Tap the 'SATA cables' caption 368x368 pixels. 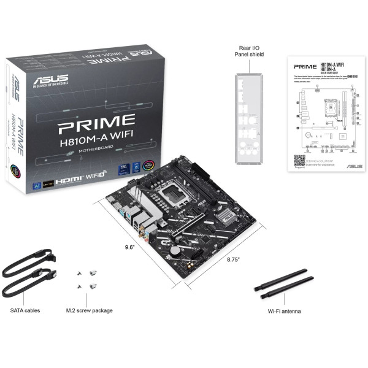pyautogui.click(x=25, y=310)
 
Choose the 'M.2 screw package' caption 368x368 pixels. pyautogui.click(x=89, y=310)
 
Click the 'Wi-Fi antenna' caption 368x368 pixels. pyautogui.click(x=284, y=311)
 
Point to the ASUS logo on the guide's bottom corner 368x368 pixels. pyautogui.click(x=354, y=166)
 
